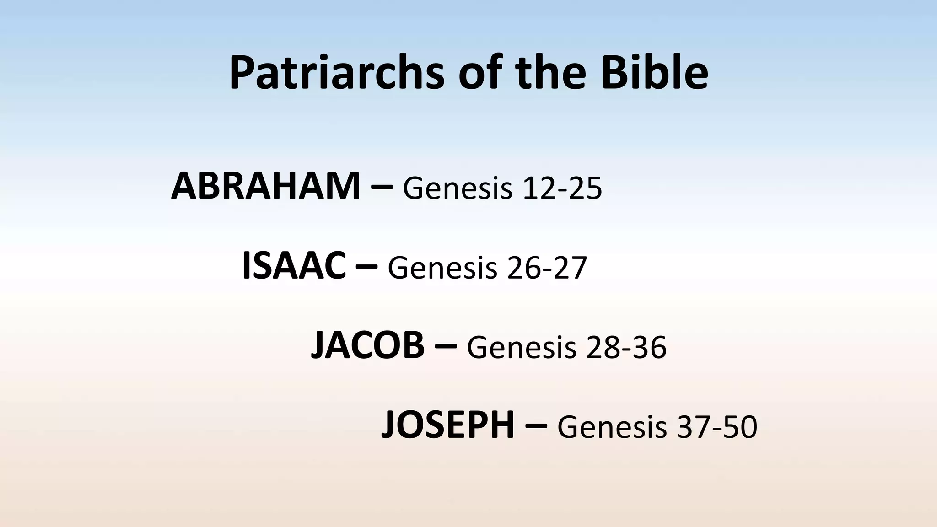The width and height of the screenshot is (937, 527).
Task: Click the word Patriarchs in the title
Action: (337, 73)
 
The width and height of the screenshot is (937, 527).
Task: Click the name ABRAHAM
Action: (266, 186)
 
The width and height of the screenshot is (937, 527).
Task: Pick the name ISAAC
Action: (294, 266)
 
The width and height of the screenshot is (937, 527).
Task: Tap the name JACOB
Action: (367, 346)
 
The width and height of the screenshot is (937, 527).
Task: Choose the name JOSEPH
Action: (448, 425)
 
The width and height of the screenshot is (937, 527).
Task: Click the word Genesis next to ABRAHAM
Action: (458, 189)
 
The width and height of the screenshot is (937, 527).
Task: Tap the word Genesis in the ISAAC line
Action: (442, 269)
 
